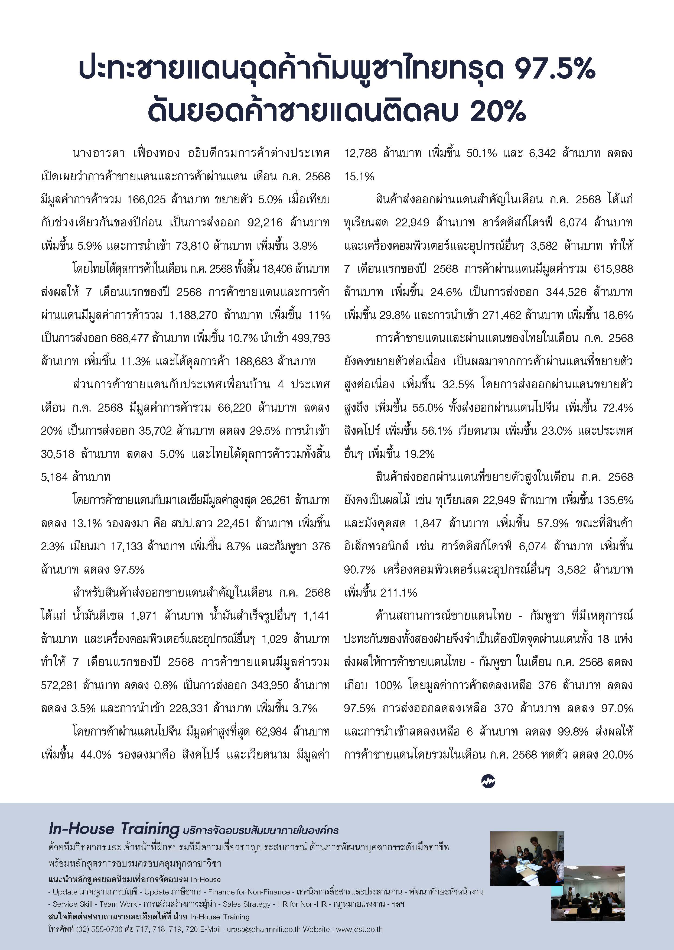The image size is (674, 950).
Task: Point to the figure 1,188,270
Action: click(193, 315)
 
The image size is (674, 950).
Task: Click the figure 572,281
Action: click(59, 685)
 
